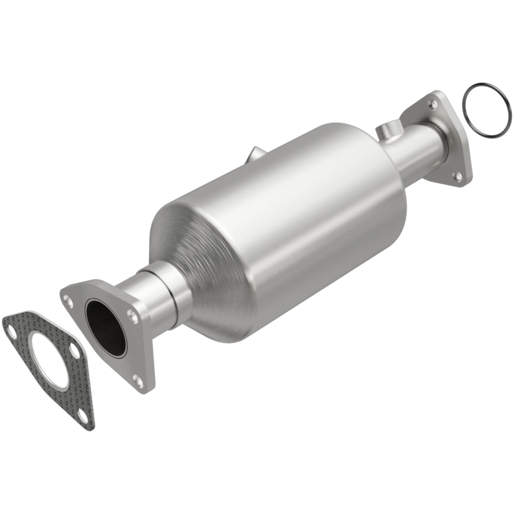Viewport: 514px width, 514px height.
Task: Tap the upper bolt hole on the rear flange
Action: (435, 103)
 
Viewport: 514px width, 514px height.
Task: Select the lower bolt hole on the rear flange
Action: (457, 175)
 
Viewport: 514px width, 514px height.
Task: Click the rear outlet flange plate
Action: (450, 154)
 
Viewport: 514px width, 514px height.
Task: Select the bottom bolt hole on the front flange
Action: (137, 380)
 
